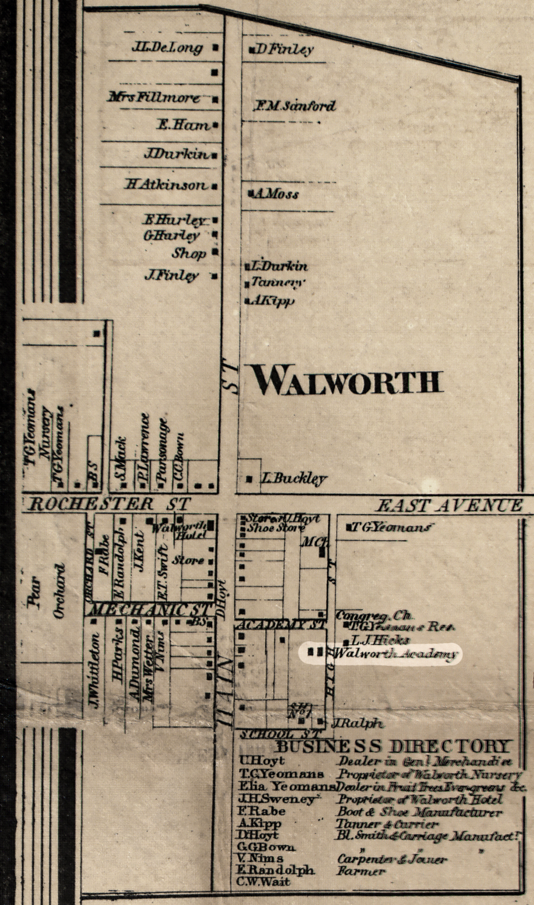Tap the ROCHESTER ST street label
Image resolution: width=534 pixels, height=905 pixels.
[x=109, y=504]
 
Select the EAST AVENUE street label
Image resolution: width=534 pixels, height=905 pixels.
[x=450, y=505]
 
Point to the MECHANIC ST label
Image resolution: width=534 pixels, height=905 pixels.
[x=150, y=609]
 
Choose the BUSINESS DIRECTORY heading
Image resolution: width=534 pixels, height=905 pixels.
[x=394, y=747]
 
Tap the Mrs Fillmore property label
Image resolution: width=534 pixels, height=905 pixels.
[x=154, y=97]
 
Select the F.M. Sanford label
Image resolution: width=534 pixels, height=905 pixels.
[x=294, y=106]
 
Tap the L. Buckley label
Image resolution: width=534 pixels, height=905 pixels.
[x=294, y=479]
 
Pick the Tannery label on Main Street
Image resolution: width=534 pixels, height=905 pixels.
[x=277, y=283]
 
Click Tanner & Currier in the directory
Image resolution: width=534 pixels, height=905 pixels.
[x=387, y=824]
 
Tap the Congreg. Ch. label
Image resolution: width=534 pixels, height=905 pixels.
[x=374, y=616]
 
